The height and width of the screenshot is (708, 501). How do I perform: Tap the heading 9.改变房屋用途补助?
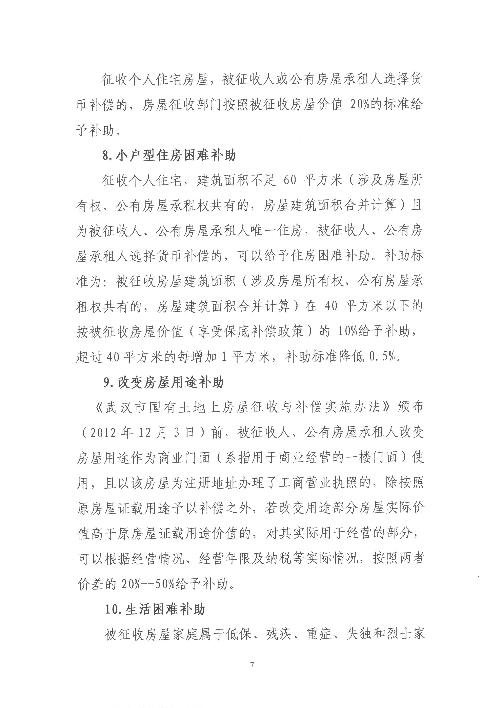(x=163, y=383)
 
